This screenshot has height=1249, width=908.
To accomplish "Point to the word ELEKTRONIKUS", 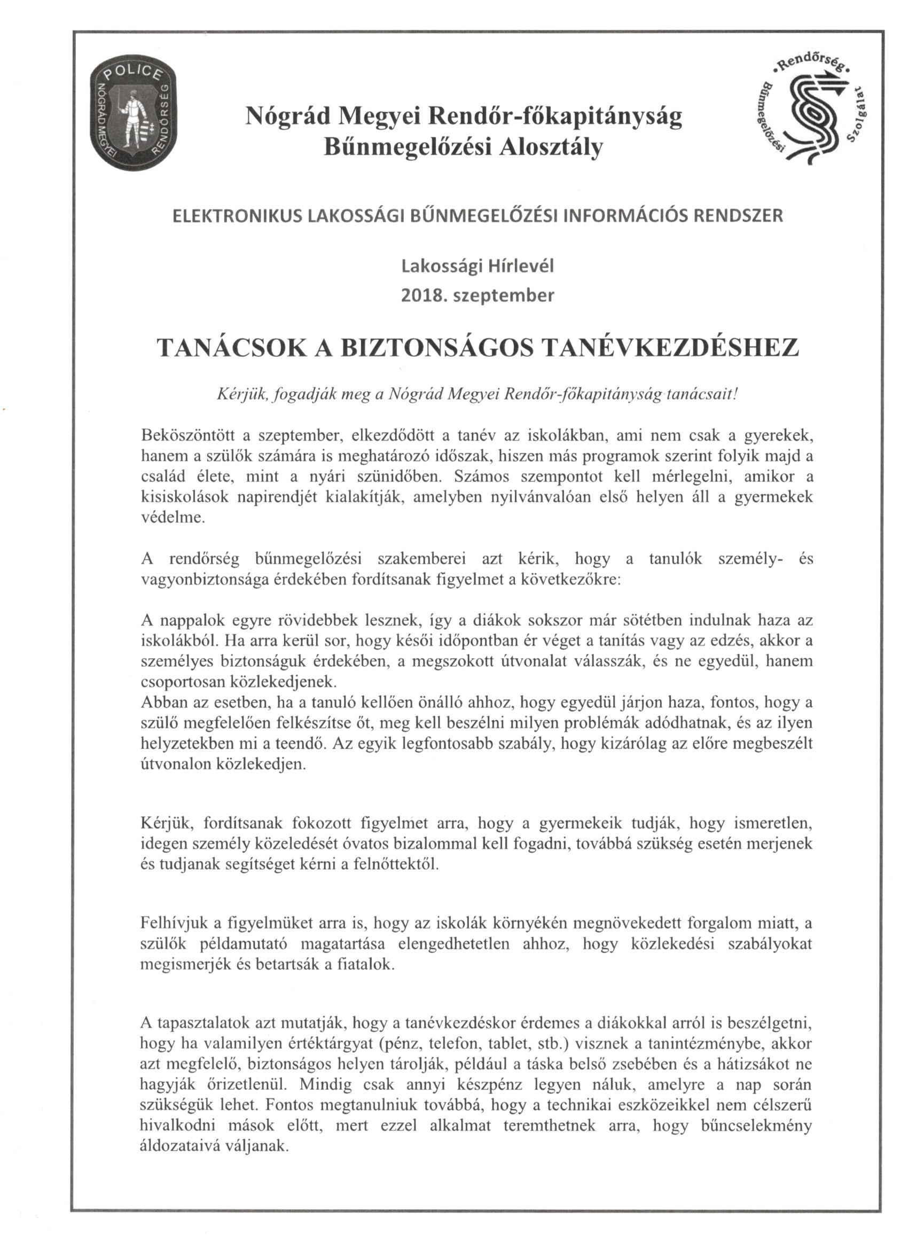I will pos(238,215).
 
